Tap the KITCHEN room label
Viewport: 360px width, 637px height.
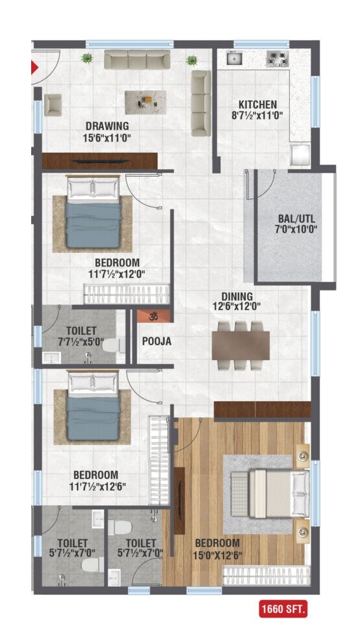257,105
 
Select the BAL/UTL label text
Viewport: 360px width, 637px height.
296,218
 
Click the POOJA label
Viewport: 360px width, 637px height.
156,341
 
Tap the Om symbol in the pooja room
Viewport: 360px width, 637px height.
154,317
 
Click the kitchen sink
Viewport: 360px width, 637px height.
234,59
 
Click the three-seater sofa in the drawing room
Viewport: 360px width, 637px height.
137,60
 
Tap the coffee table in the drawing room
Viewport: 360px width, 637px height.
145,101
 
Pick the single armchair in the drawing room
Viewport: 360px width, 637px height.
53,105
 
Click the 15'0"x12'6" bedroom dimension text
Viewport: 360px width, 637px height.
216,554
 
